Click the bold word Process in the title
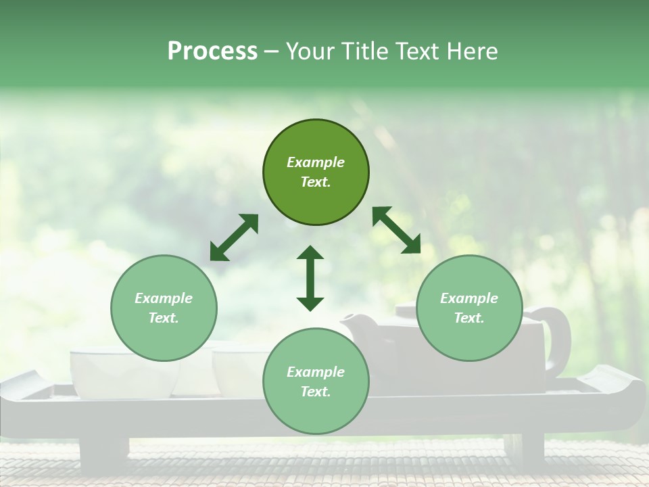pyautogui.click(x=212, y=51)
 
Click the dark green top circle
pyautogui.click(x=316, y=172)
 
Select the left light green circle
pyautogui.click(x=164, y=308)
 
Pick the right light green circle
pyautogui.click(x=469, y=308)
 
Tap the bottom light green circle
pyautogui.click(x=316, y=382)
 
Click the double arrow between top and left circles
pyautogui.click(x=234, y=237)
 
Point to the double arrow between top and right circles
pyautogui.click(x=397, y=230)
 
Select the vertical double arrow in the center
pyautogui.click(x=310, y=278)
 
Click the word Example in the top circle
pyautogui.click(x=316, y=162)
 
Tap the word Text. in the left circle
pyautogui.click(x=164, y=319)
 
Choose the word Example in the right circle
pyautogui.click(x=469, y=298)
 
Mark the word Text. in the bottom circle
pyautogui.click(x=316, y=392)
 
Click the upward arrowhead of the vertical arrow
pyautogui.click(x=310, y=253)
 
